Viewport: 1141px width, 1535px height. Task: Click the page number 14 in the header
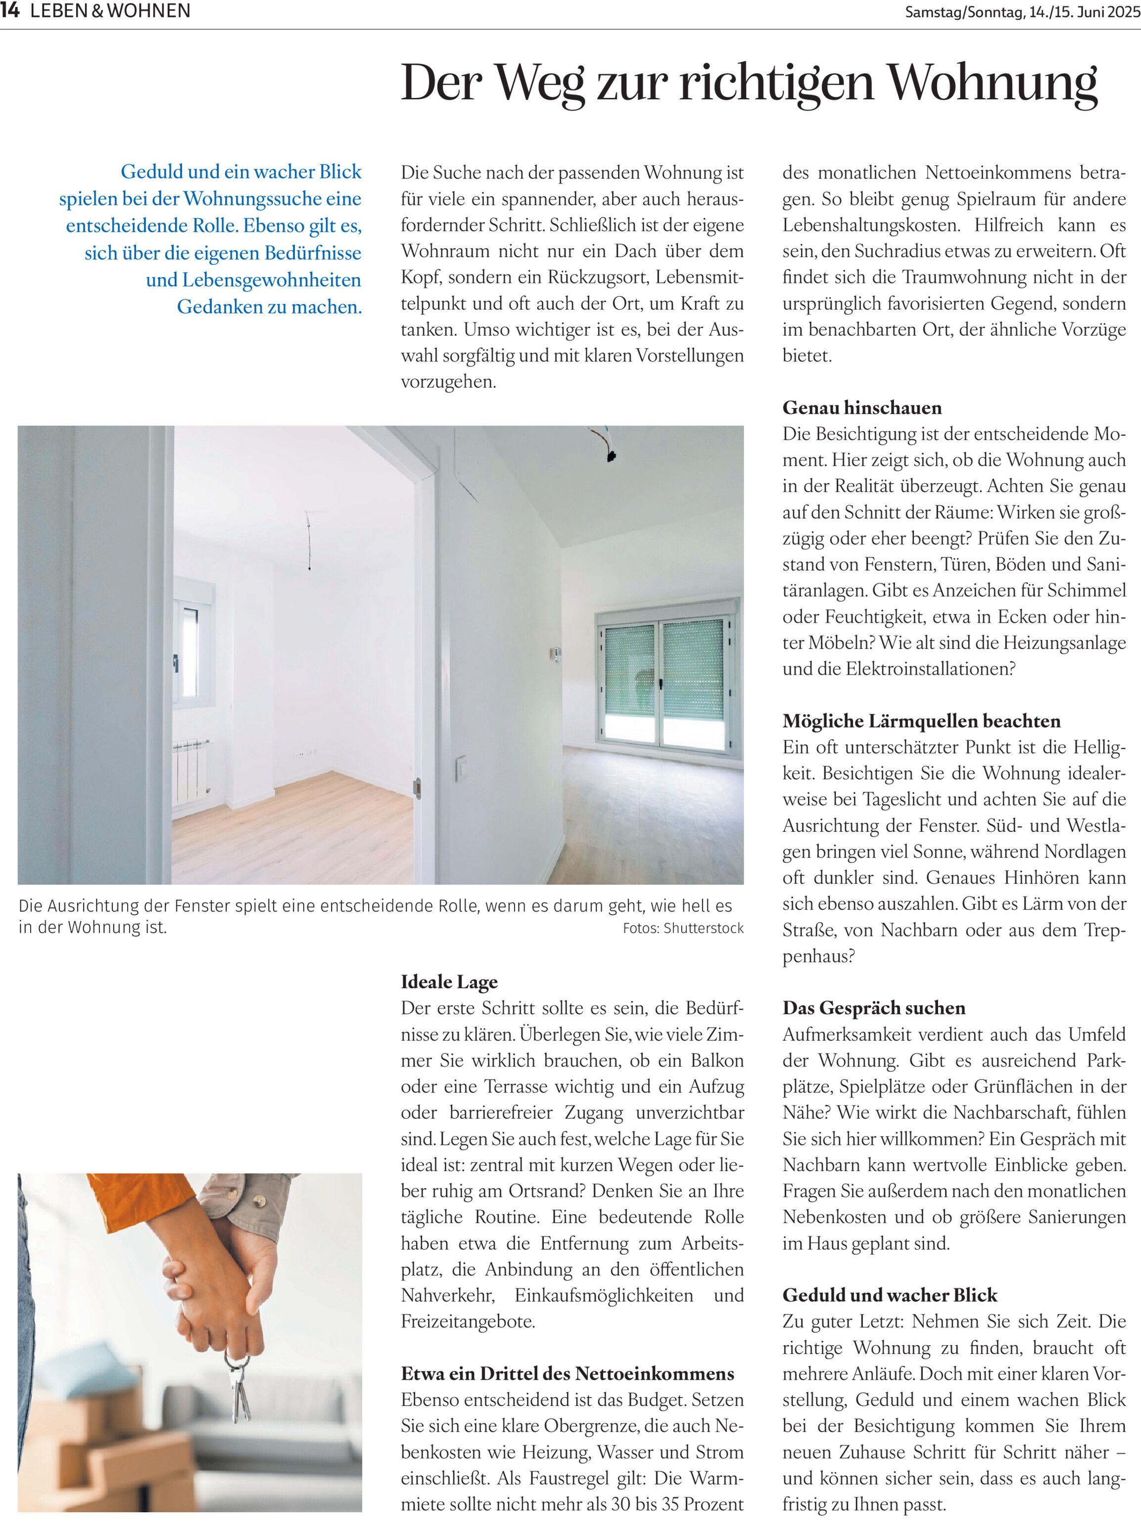click(10, 11)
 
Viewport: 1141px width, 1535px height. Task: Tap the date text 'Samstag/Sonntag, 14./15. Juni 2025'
click(1022, 12)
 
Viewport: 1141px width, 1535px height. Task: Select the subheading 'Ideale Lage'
click(449, 982)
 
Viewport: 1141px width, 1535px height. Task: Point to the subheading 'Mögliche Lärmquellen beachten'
click(921, 721)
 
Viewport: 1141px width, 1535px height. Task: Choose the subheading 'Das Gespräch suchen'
click(874, 1008)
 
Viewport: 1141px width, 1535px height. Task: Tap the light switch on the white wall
click(461, 767)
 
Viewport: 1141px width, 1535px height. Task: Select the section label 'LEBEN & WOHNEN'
click(110, 11)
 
